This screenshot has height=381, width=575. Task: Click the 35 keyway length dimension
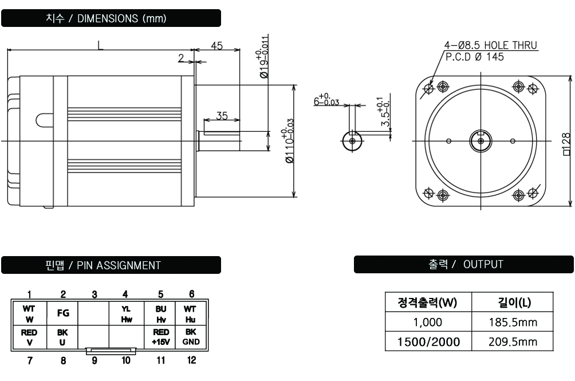click(x=221, y=115)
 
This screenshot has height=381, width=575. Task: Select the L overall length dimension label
click(x=100, y=46)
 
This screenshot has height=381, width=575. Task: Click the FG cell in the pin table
click(x=62, y=314)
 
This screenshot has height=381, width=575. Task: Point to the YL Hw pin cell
click(x=126, y=314)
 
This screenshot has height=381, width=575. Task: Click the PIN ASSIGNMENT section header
click(x=112, y=265)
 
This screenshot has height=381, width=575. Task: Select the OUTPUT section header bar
click(x=463, y=264)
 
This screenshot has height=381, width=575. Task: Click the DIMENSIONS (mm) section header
click(x=112, y=18)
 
